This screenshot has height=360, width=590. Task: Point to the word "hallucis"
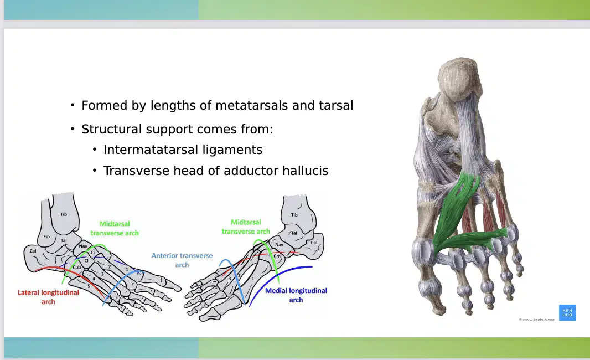click(x=305, y=171)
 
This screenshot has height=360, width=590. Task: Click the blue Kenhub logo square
click(x=567, y=312)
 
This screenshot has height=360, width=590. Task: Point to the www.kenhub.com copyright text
click(x=537, y=320)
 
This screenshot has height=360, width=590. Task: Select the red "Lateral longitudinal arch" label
click(x=48, y=297)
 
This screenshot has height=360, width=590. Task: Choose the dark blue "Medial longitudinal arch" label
click(x=296, y=295)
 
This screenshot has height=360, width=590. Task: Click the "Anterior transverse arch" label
click(x=182, y=260)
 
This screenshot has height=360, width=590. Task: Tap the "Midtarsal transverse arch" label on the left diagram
click(x=115, y=228)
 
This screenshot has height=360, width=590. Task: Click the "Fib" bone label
click(x=46, y=237)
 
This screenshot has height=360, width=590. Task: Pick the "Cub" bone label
click(x=77, y=267)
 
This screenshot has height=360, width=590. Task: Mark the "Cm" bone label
click(x=277, y=256)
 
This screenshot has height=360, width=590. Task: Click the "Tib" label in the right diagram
click(x=294, y=215)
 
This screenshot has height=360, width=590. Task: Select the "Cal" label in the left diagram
click(x=33, y=251)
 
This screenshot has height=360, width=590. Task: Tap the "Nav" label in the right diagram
click(x=279, y=245)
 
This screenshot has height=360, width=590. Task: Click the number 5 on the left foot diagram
click(x=89, y=286)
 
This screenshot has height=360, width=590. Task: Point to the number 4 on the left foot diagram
click(x=94, y=279)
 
